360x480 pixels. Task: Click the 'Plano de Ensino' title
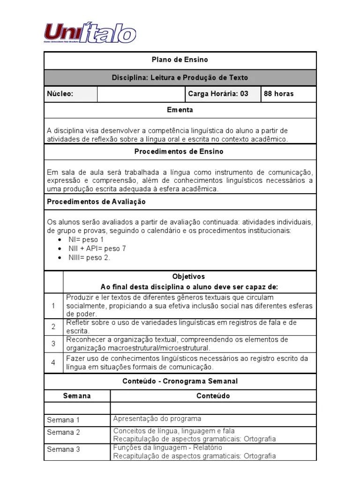(180, 60)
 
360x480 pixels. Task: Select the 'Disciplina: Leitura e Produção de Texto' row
(180, 77)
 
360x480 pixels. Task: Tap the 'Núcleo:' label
(60, 94)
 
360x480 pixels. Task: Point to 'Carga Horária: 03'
(218, 94)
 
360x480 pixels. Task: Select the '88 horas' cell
(279, 94)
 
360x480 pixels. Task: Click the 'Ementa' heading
(180, 110)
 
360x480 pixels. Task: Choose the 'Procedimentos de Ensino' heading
(180, 152)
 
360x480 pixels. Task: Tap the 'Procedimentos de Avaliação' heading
(97, 202)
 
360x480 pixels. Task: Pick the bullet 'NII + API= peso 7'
(97, 249)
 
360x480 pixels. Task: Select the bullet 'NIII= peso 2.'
(89, 258)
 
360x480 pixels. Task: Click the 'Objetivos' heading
(188, 277)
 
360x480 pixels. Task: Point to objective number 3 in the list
(53, 344)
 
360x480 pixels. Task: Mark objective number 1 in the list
(53, 306)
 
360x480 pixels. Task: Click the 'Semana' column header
(77, 396)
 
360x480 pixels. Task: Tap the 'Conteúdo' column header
(213, 396)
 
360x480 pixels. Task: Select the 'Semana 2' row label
(64, 432)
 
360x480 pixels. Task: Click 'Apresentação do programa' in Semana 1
(157, 419)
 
